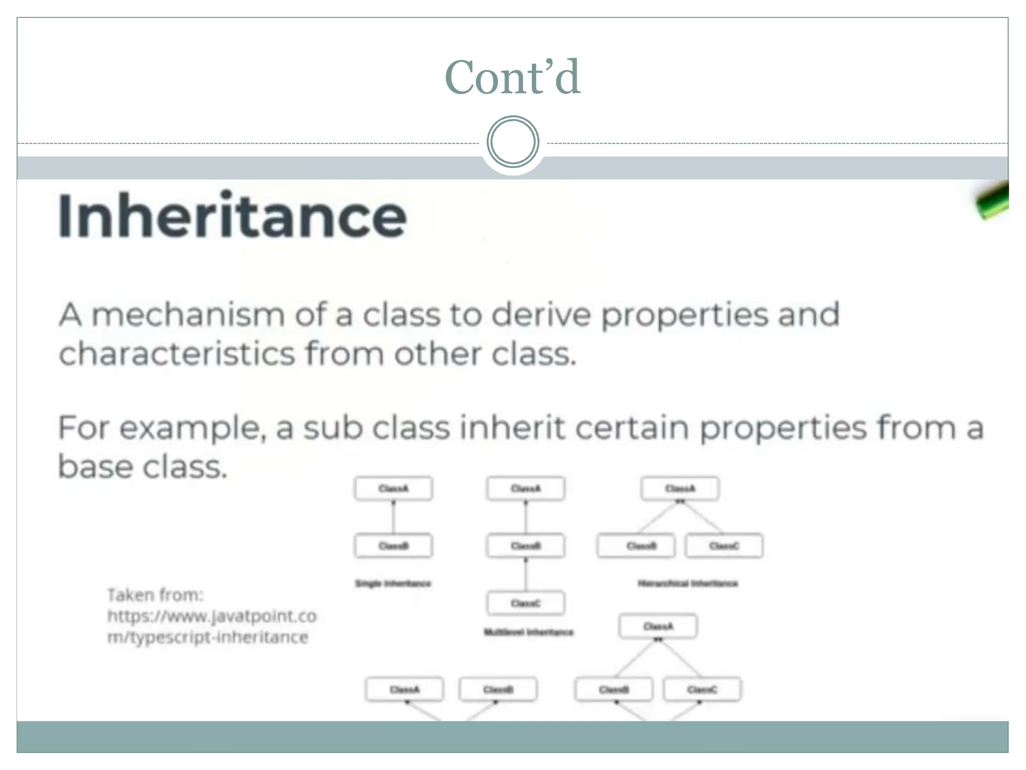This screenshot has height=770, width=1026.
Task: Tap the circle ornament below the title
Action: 512,141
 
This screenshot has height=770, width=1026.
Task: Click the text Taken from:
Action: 155,595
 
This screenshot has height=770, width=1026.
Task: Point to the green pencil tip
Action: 992,201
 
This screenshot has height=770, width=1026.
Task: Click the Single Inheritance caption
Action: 393,584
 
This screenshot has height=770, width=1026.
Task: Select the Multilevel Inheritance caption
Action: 528,632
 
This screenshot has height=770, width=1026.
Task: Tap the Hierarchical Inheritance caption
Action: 687,584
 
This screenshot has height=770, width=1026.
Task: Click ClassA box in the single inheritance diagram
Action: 393,489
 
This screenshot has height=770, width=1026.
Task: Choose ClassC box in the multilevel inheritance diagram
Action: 526,603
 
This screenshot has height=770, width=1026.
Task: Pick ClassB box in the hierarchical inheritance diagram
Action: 636,546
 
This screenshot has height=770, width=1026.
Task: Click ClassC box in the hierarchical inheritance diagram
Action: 724,546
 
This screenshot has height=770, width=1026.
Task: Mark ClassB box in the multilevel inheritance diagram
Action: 526,546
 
